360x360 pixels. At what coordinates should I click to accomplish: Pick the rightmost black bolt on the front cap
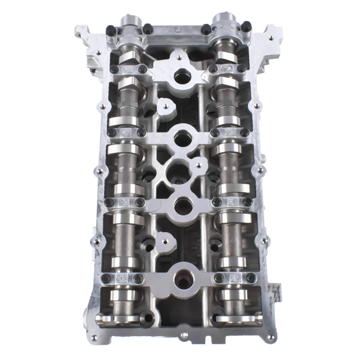click(245, 26)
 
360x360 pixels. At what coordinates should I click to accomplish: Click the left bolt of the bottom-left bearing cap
click(107, 278)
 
